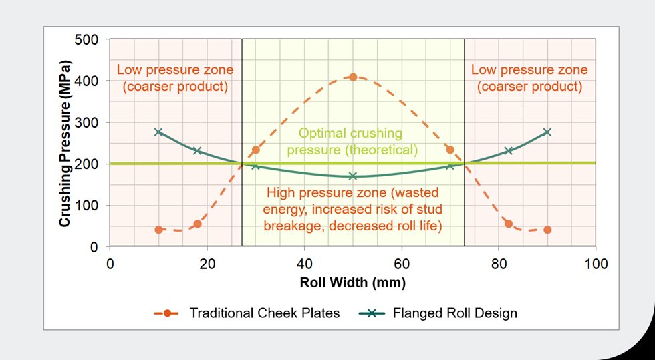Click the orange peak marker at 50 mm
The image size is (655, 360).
[353, 77]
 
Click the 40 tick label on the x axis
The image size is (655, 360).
[304, 264]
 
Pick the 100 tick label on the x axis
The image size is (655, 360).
[596, 264]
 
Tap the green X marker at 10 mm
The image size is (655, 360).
[158, 132]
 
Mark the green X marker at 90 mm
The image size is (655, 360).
[547, 132]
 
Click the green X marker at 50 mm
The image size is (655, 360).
[353, 176]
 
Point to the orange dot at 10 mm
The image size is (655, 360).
[158, 230]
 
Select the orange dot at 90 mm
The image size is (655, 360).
[547, 230]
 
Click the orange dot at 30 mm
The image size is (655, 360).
[255, 150]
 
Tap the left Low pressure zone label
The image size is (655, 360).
[175, 78]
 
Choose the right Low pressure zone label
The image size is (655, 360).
[529, 78]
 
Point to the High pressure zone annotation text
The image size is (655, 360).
[353, 210]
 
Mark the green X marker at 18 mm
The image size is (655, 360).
[197, 151]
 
